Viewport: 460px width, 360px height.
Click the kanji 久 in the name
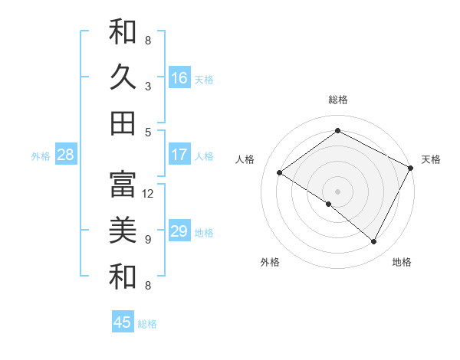click(123, 77)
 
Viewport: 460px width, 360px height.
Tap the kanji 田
click(123, 123)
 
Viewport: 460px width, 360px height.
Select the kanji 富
click(123, 184)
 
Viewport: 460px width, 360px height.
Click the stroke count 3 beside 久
click(148, 87)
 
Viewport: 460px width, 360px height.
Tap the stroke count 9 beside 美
click(148, 240)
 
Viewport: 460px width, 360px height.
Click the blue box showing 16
click(179, 77)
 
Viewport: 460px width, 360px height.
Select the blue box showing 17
click(179, 155)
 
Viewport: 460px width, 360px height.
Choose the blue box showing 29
click(179, 231)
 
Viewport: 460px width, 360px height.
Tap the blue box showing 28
click(65, 155)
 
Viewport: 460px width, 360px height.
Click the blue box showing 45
click(123, 322)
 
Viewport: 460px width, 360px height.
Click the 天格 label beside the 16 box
click(204, 79)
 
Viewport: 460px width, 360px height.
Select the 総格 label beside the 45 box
click(147, 324)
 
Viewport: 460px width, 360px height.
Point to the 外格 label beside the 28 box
click(41, 156)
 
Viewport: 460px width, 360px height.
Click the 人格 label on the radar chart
click(245, 159)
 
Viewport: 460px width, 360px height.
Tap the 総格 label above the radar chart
click(338, 100)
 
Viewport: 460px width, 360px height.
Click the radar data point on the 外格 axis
click(329, 204)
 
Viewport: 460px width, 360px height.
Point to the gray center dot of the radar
click(337, 190)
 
